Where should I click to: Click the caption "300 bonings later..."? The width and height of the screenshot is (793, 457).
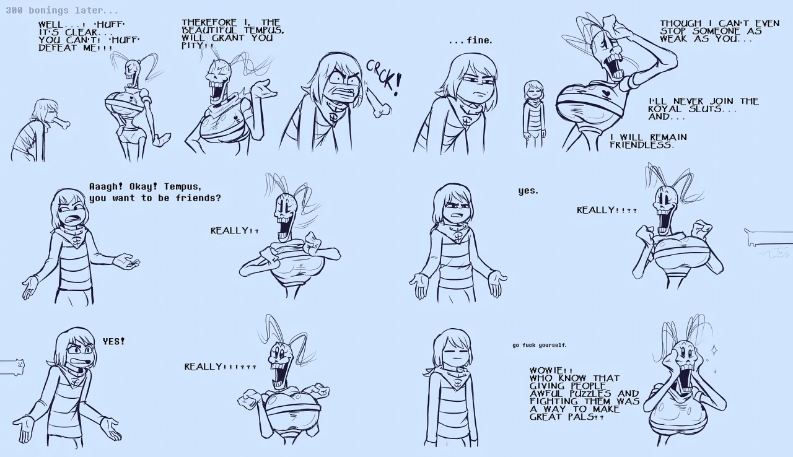[x=62, y=11]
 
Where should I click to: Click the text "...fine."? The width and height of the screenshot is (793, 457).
[x=470, y=41]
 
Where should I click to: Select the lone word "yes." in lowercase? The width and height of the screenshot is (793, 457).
[x=528, y=191]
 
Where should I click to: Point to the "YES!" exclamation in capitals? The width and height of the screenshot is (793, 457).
[x=113, y=341]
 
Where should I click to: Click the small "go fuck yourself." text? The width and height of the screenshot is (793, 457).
[x=539, y=345]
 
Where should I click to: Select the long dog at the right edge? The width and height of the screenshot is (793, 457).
[x=769, y=238]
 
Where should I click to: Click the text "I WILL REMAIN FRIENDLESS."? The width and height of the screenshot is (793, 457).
[x=647, y=141]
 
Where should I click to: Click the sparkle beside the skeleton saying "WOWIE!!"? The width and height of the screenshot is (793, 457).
[x=713, y=350]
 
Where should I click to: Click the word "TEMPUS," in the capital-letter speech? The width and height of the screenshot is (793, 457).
[x=264, y=30]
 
